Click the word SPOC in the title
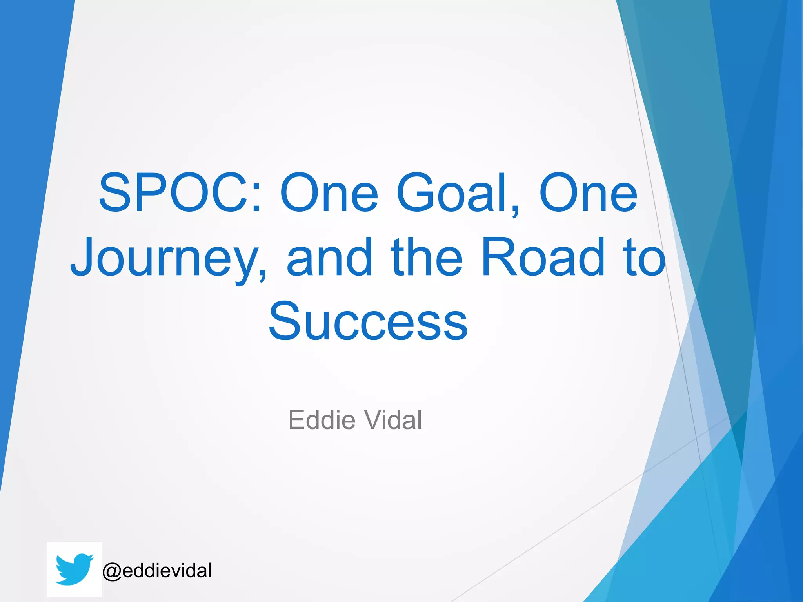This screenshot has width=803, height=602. pos(173,193)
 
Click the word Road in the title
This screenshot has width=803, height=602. pos(543,257)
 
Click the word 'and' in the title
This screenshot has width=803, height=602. pos(329,257)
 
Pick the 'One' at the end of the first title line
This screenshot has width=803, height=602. pos(588,193)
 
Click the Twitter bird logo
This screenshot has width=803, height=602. pos(74,569)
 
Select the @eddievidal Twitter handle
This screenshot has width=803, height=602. pos(157,570)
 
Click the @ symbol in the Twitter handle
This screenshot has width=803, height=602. pos(112,571)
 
